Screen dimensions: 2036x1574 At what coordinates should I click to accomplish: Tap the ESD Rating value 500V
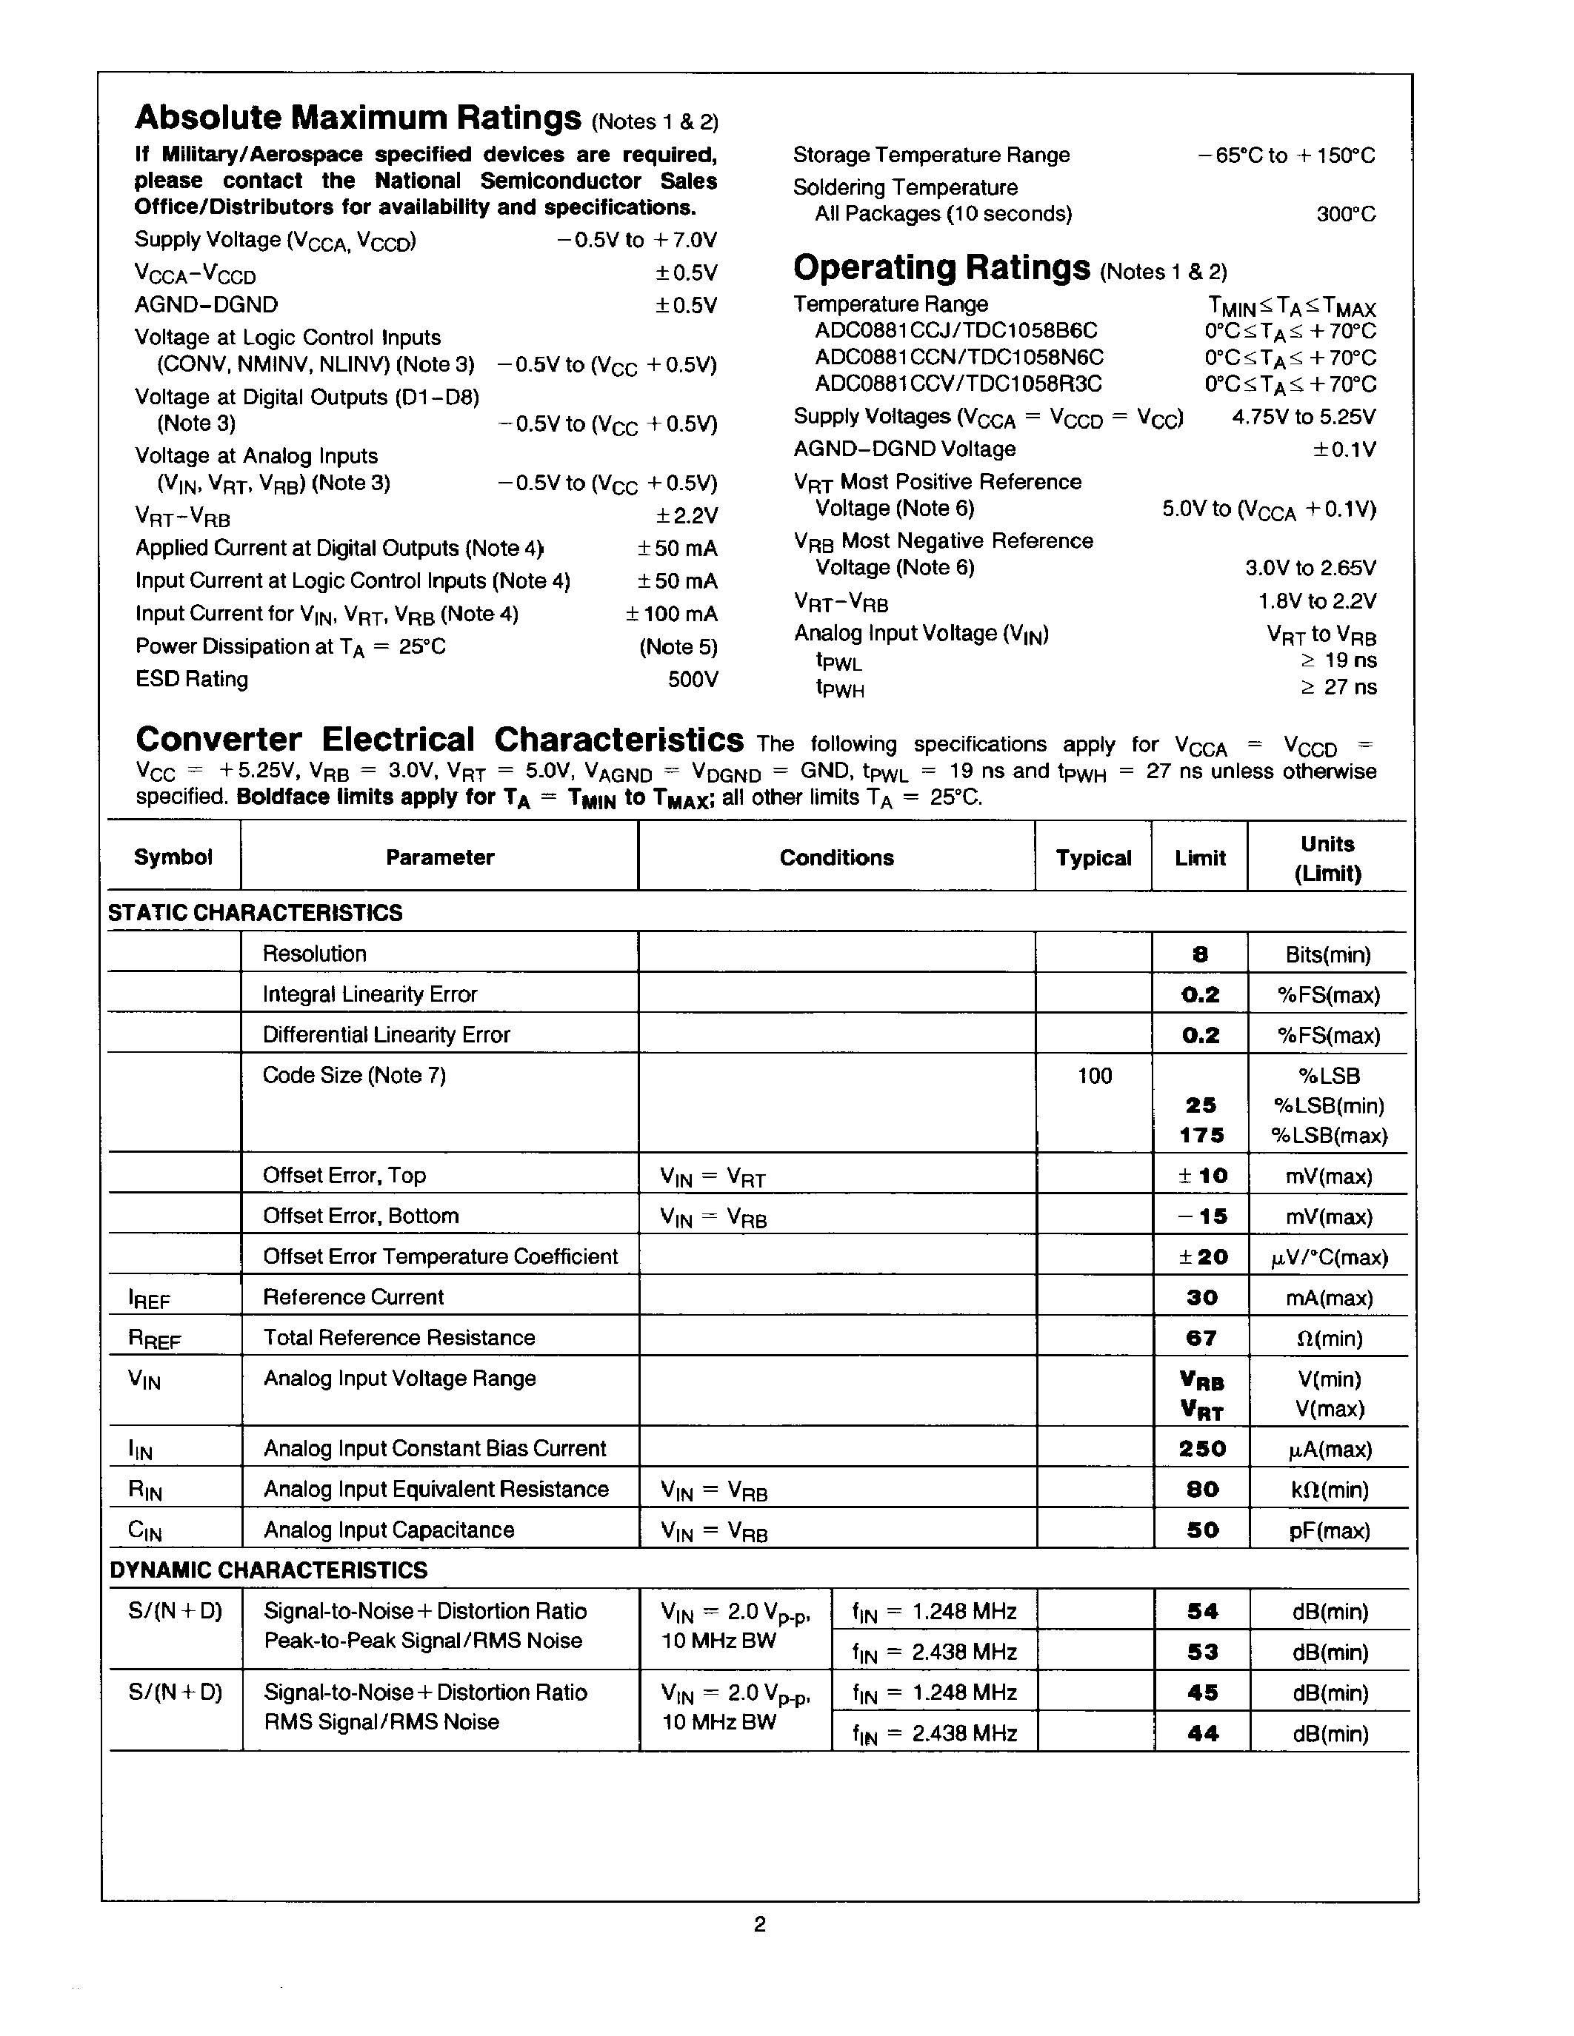point(692,680)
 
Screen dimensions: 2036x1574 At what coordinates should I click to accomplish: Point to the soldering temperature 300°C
point(1346,215)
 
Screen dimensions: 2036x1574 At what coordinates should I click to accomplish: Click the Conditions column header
point(836,857)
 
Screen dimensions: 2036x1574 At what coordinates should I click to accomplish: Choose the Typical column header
point(1093,857)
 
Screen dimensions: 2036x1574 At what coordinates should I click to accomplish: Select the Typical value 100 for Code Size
point(1094,1076)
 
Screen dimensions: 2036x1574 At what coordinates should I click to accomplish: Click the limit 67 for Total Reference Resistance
point(1200,1339)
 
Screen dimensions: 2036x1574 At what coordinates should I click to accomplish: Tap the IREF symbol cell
point(149,1299)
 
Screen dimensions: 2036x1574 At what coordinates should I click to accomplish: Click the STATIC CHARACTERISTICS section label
point(255,913)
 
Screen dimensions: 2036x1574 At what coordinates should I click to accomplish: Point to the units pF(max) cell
point(1329,1531)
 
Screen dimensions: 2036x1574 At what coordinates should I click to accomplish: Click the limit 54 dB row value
point(1202,1612)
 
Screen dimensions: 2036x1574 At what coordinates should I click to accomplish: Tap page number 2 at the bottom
point(759,1924)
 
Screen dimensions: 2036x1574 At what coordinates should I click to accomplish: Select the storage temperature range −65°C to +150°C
point(1286,155)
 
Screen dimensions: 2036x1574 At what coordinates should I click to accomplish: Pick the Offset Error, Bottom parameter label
point(360,1216)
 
